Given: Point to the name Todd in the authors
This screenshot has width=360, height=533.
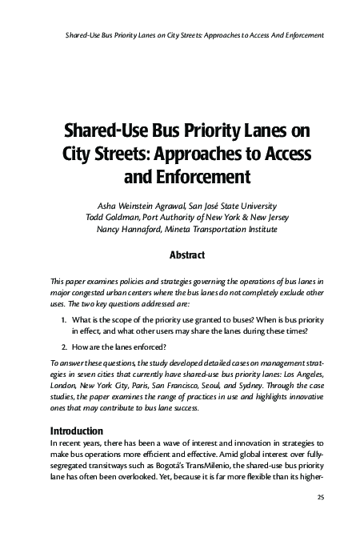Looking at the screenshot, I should pos(98,216).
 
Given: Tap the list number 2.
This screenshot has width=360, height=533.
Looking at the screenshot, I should pos(65,347).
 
